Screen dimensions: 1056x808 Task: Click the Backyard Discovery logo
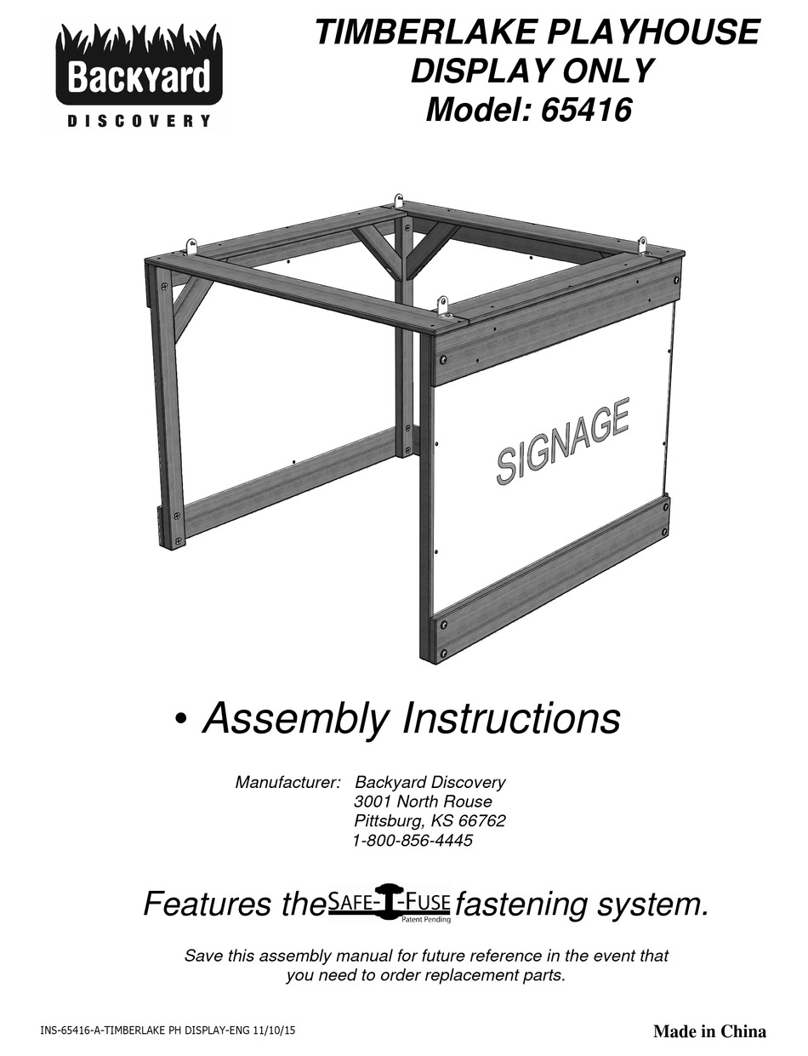click(139, 77)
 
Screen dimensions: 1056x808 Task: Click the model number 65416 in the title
click(584, 111)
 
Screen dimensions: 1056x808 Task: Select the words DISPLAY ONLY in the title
click(532, 71)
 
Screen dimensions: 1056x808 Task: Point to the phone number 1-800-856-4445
click(413, 841)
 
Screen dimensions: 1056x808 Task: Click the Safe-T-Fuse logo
click(390, 902)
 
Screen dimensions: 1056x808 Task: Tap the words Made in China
click(709, 1031)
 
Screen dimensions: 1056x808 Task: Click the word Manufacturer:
click(287, 782)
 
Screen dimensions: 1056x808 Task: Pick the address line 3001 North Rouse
click(423, 802)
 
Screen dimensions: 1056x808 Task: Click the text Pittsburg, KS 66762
click(430, 821)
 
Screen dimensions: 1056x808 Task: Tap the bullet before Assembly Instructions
click(179, 721)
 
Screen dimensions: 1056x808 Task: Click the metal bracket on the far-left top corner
click(191, 248)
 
